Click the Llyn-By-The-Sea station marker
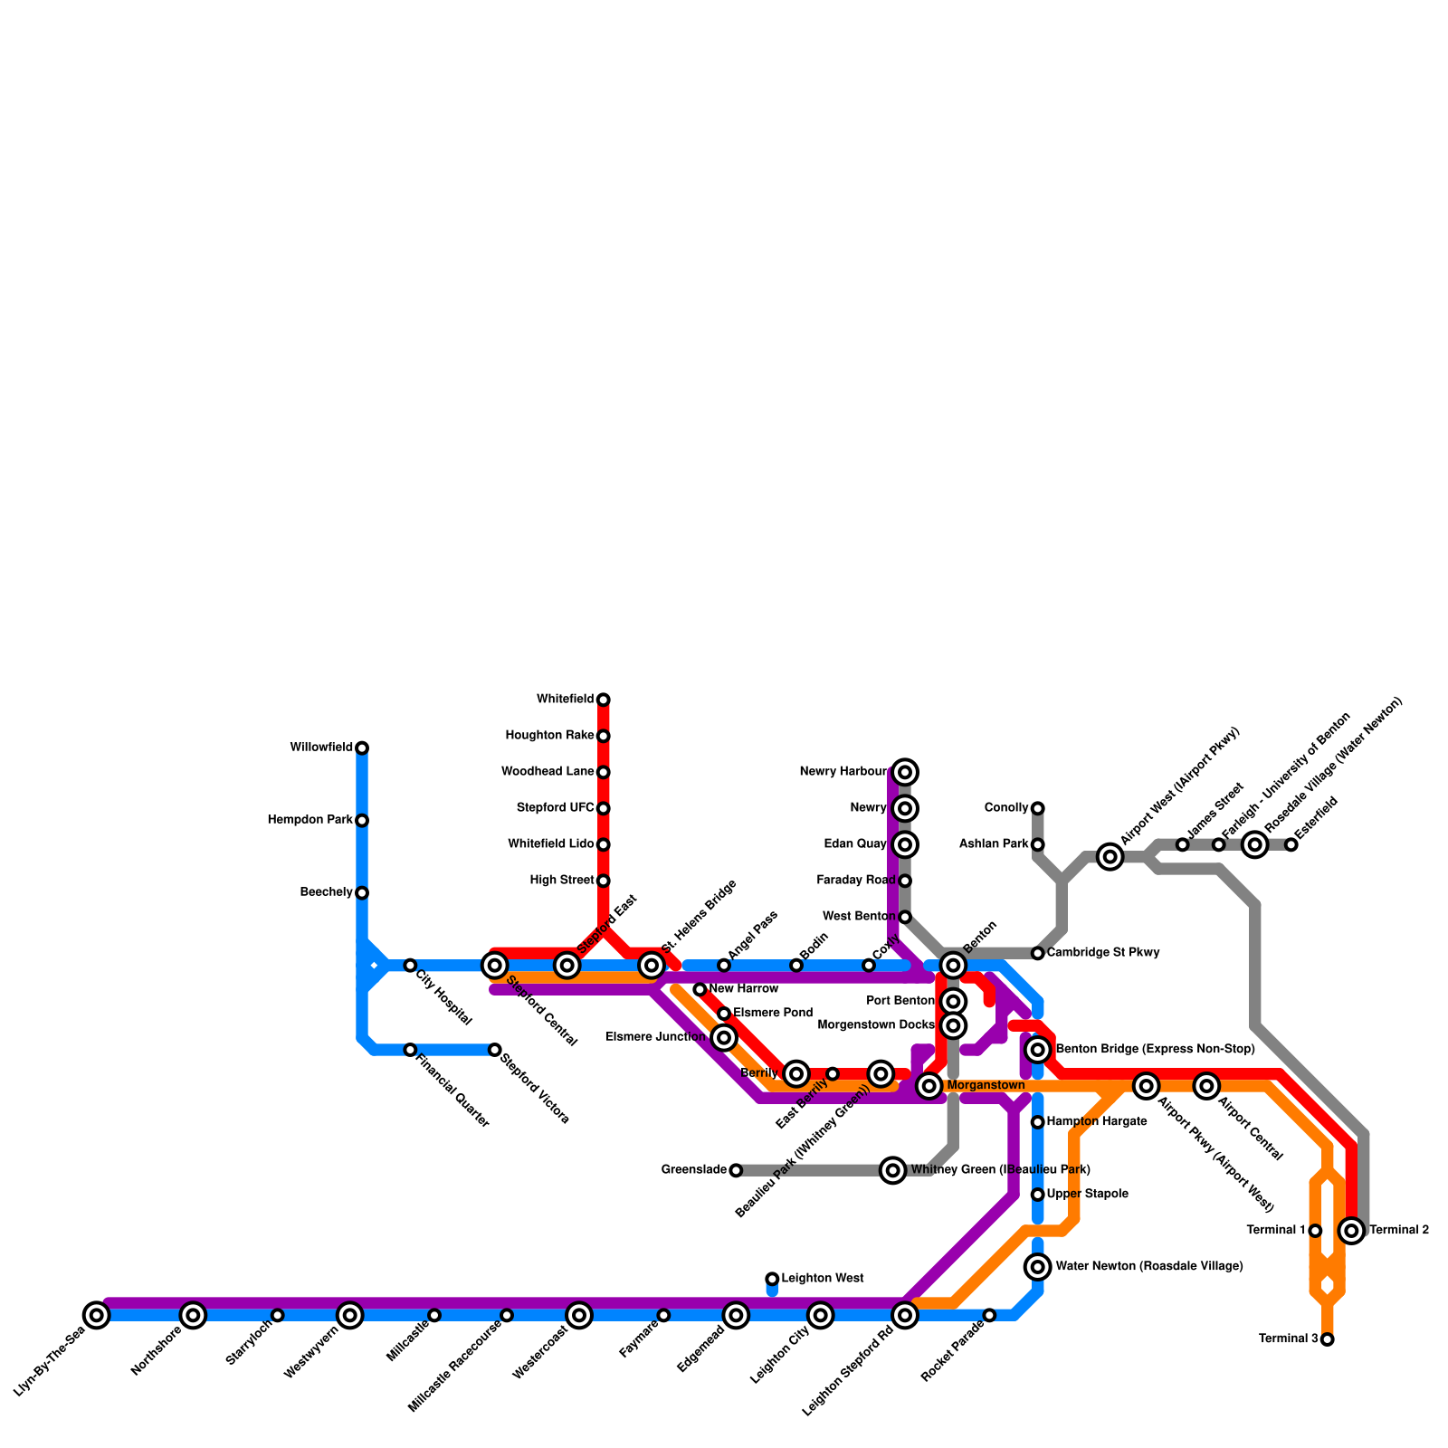(x=97, y=1315)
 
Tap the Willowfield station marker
(x=362, y=748)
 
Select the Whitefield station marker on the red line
(x=604, y=700)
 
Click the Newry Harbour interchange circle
(x=905, y=772)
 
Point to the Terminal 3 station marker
(x=1328, y=1339)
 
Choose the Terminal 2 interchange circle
(x=1351, y=1231)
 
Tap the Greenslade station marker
(x=736, y=1170)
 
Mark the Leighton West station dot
(x=772, y=1279)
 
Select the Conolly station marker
(x=1038, y=808)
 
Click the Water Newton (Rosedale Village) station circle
(x=1038, y=1267)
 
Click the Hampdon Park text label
(x=310, y=821)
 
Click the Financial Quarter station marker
(x=410, y=1050)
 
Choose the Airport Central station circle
(x=1206, y=1086)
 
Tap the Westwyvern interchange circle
(x=350, y=1315)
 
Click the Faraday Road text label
(x=856, y=881)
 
